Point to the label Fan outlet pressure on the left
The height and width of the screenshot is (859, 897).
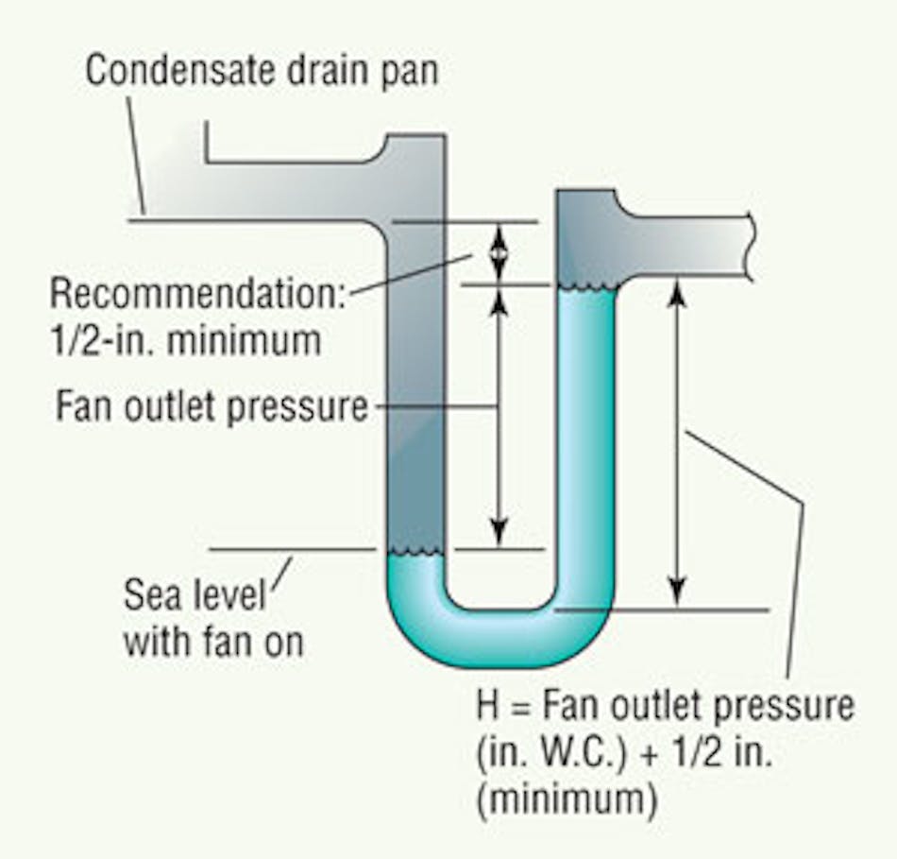click(212, 407)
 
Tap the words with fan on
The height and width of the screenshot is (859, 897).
click(213, 643)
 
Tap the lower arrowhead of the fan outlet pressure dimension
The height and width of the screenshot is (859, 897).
click(500, 534)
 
